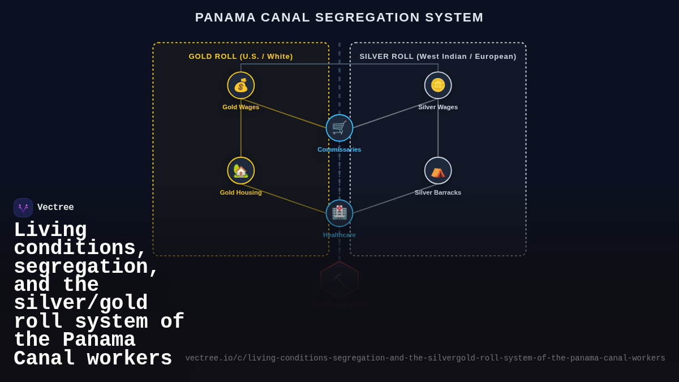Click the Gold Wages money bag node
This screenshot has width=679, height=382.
coord(241,85)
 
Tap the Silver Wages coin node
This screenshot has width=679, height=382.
coord(438,85)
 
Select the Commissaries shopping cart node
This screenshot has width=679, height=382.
coord(339,128)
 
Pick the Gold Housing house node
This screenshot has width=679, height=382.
coord(241,171)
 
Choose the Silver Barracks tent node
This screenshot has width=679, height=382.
coord(438,171)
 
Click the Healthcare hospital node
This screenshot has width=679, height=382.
coord(339,213)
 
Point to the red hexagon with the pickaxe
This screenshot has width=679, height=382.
coord(339,280)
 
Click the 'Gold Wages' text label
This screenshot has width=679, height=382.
coord(241,107)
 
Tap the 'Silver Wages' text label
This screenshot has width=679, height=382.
coord(438,107)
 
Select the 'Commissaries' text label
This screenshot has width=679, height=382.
coord(339,149)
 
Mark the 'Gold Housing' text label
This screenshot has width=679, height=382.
coord(241,192)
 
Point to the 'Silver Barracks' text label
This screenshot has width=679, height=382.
coord(438,192)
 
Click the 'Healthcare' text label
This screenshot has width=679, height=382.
coord(339,235)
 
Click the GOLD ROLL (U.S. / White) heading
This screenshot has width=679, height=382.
coord(241,57)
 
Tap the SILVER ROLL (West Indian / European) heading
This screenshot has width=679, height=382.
coord(438,57)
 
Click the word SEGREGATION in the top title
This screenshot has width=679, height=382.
coord(367,18)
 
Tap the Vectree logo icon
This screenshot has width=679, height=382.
coord(23,208)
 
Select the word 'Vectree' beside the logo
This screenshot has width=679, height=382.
coord(55,208)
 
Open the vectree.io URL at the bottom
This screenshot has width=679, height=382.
coord(425,358)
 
